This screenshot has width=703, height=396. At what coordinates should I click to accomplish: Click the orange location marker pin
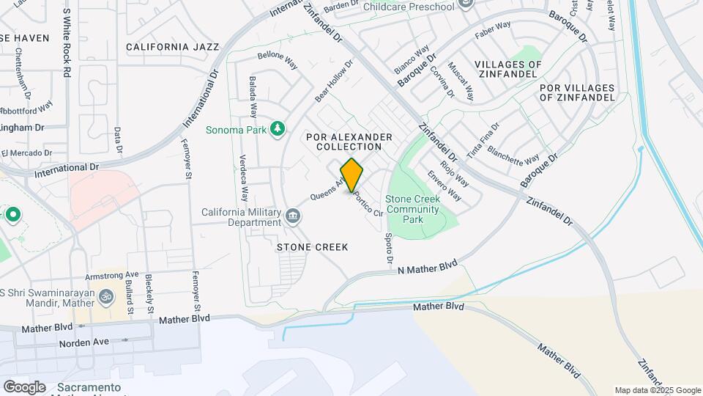[x=351, y=175]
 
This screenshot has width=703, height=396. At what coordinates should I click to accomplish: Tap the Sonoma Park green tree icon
[x=278, y=130]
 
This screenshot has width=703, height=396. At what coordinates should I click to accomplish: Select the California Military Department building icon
[x=293, y=215]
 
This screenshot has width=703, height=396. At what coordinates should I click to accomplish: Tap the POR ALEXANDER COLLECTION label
[x=349, y=142]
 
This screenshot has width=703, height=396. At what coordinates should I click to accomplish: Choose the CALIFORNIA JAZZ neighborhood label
[x=172, y=47]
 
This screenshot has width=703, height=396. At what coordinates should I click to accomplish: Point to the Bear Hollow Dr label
[x=334, y=81]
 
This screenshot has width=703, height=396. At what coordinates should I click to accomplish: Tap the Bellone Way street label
[x=278, y=60]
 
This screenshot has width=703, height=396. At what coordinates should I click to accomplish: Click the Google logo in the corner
[x=24, y=386]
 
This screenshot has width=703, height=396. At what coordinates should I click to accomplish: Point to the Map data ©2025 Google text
[x=657, y=390]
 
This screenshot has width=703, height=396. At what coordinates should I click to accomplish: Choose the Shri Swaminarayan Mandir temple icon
[x=107, y=296]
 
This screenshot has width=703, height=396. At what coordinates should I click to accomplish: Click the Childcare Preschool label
[x=413, y=7]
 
